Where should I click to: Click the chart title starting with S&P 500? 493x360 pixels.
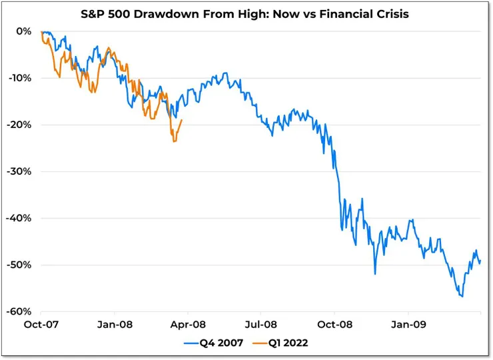pyautogui.click(x=245, y=13)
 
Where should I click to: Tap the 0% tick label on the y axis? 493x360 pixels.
pyautogui.click(x=24, y=31)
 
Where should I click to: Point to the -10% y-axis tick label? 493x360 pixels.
pyautogui.click(x=21, y=78)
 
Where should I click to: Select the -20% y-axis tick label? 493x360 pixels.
pyautogui.click(x=21, y=125)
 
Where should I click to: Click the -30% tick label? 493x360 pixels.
pyautogui.click(x=21, y=171)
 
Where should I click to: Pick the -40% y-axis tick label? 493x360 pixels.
pyautogui.click(x=21, y=218)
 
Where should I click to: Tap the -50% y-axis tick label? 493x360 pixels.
pyautogui.click(x=21, y=265)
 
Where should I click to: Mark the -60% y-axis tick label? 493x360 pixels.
pyautogui.click(x=21, y=311)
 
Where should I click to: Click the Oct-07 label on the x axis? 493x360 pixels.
pyautogui.click(x=41, y=326)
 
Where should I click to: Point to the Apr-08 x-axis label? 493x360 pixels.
pyautogui.click(x=187, y=326)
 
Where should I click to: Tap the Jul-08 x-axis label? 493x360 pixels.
pyautogui.click(x=260, y=326)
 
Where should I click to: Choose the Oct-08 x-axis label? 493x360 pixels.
pyautogui.click(x=334, y=326)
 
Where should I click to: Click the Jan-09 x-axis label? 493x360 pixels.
pyautogui.click(x=407, y=326)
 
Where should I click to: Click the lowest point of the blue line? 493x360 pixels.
pyautogui.click(x=461, y=297)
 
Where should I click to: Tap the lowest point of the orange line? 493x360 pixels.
pyautogui.click(x=174, y=141)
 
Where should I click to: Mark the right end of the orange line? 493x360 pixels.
pyautogui.click(x=182, y=121)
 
